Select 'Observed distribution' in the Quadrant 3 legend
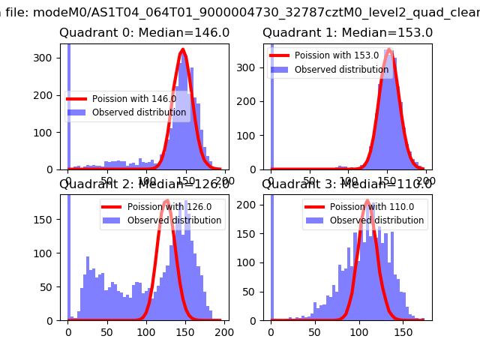coord(376,220)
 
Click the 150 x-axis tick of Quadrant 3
coord(403,331)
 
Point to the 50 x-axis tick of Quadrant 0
coord(107,181)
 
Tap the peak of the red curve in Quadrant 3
coord(367,201)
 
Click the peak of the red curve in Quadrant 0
coord(183,51)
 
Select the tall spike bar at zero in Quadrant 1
coord(272,105)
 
